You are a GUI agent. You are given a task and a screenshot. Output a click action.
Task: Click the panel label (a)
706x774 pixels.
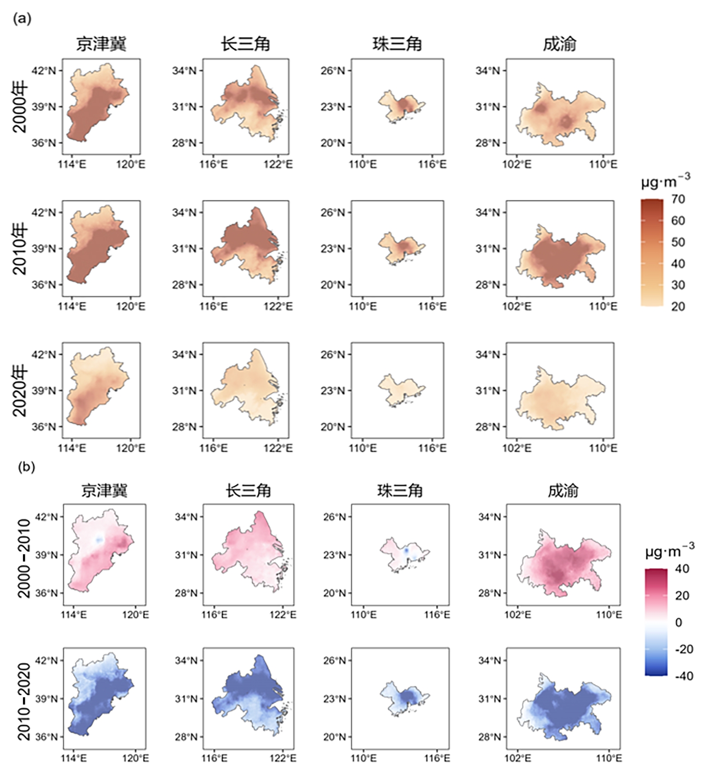click(22, 19)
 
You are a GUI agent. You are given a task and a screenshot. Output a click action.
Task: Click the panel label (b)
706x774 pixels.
click(26, 467)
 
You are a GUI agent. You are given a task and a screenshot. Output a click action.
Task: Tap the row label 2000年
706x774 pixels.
click(20, 107)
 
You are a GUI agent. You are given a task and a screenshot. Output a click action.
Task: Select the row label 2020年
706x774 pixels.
click(20, 391)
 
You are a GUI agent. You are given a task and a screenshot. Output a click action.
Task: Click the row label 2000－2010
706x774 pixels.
click(24, 558)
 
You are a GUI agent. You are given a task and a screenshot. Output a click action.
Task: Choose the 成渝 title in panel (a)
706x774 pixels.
click(559, 44)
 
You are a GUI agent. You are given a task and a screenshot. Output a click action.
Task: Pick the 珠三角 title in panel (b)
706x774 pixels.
click(400, 491)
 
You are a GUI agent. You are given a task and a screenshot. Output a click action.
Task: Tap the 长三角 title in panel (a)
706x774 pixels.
click(245, 44)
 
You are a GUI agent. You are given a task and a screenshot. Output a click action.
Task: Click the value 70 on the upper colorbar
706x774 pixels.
click(678, 199)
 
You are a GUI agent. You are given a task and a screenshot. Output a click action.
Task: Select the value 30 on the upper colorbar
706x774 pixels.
click(678, 285)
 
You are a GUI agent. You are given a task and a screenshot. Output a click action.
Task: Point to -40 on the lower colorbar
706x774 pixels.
click(684, 676)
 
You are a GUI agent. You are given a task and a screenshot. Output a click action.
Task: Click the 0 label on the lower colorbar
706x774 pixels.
click(679, 622)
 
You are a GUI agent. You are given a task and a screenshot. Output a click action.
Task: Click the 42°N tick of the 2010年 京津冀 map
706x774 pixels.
click(44, 213)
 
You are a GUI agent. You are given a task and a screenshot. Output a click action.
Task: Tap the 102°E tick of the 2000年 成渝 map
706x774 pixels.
click(517, 164)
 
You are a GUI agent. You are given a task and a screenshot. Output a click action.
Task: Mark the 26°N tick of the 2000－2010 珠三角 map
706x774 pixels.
click(335, 517)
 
